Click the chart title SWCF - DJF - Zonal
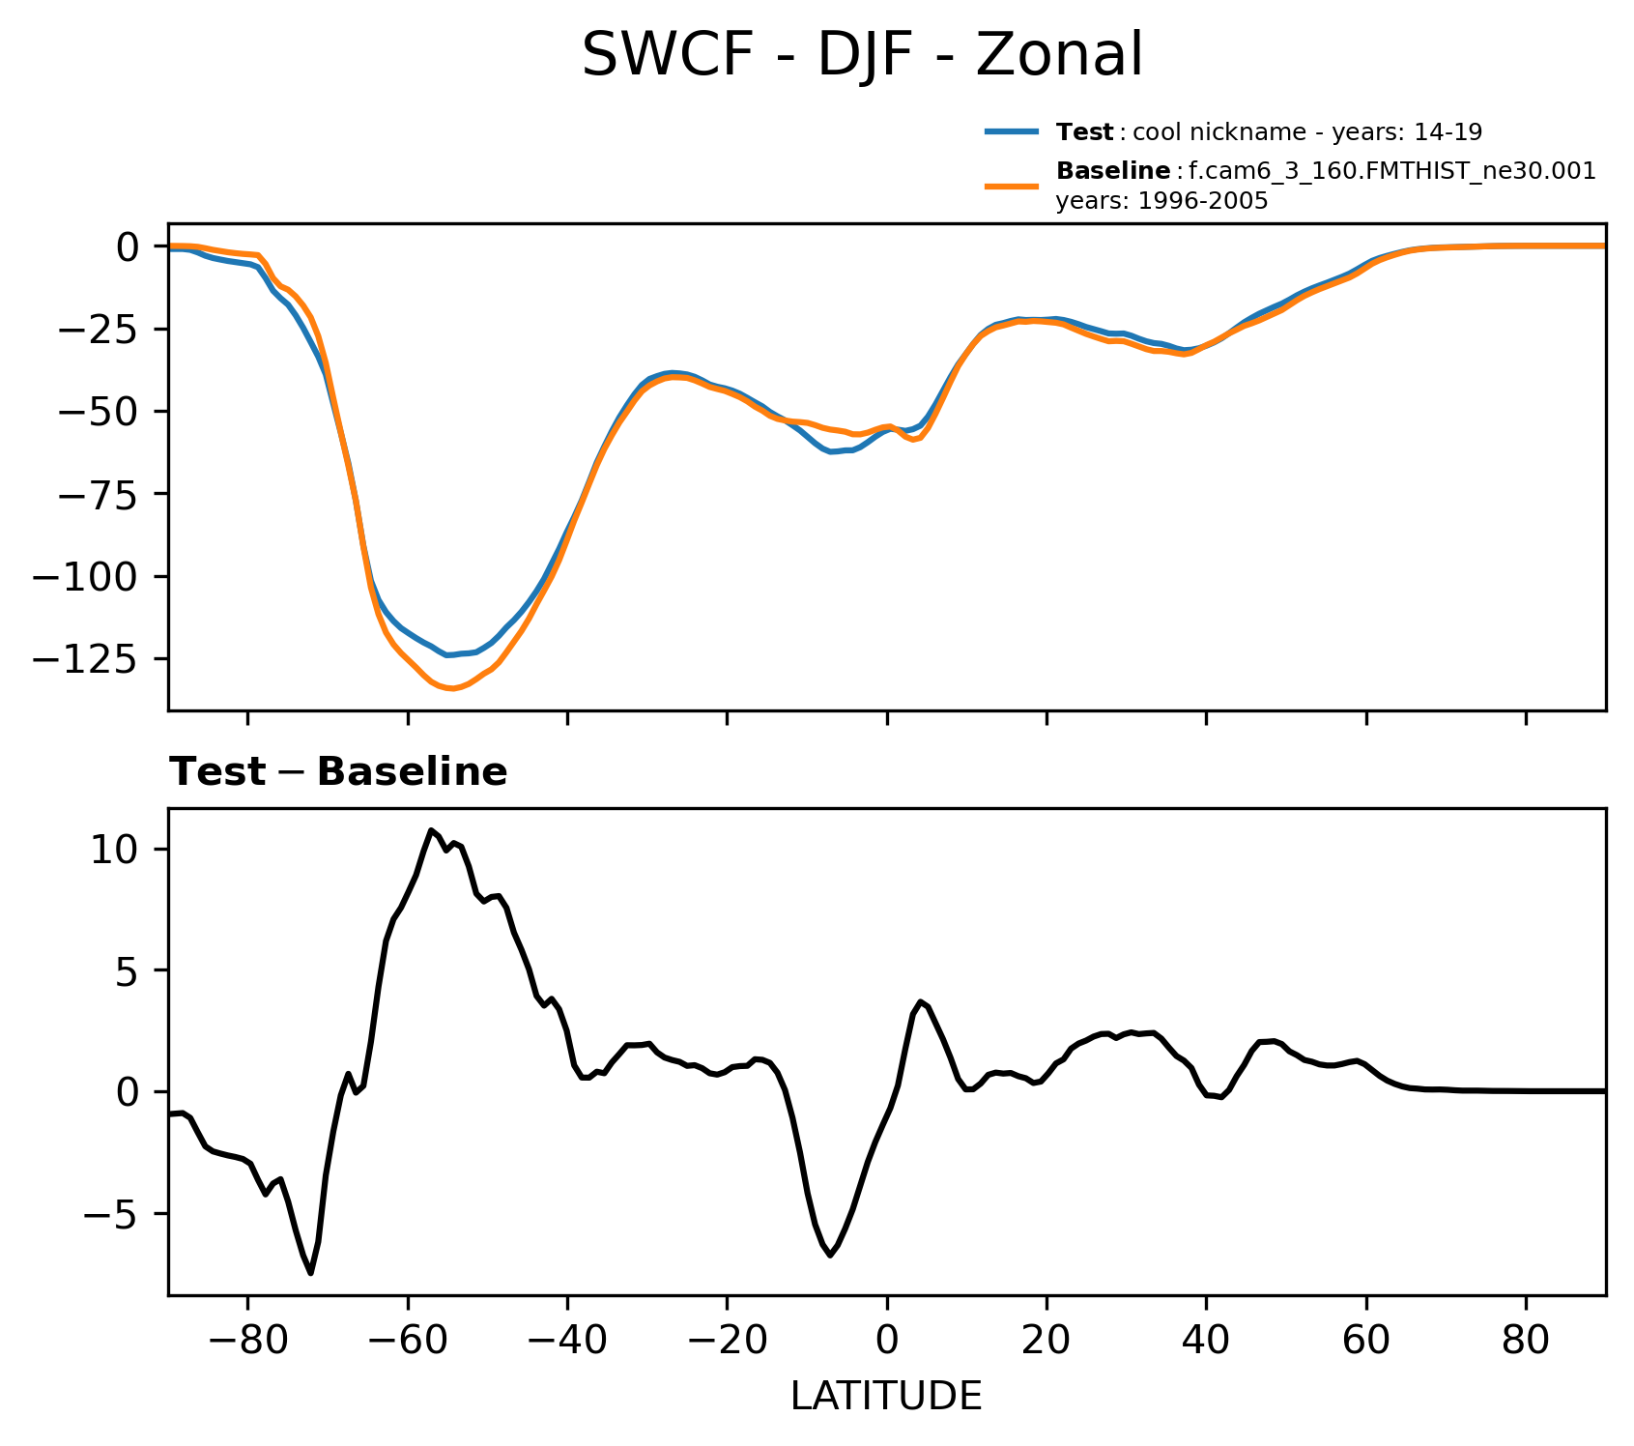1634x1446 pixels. pyautogui.click(x=862, y=55)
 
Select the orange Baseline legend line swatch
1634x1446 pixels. pyautogui.click(x=1012, y=185)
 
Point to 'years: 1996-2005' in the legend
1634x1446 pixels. pyautogui.click(x=1161, y=202)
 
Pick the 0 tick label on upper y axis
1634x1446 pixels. pyautogui.click(x=128, y=247)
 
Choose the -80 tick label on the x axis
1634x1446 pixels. pyautogui.click(x=247, y=1344)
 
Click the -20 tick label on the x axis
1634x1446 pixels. pyautogui.click(x=727, y=1344)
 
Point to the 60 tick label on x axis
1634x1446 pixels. pyautogui.click(x=1365, y=1344)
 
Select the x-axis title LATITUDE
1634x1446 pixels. pyautogui.click(x=886, y=1397)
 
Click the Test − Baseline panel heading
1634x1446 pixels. pyautogui.click(x=338, y=772)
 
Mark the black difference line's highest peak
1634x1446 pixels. pyautogui.click(x=431, y=830)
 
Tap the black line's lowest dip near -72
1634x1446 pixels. pyautogui.click(x=311, y=1273)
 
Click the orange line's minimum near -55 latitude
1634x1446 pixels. pyautogui.click(x=451, y=689)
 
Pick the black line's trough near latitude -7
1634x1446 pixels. pyautogui.click(x=830, y=1255)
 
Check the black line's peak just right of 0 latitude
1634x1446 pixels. pyautogui.click(x=921, y=1001)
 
